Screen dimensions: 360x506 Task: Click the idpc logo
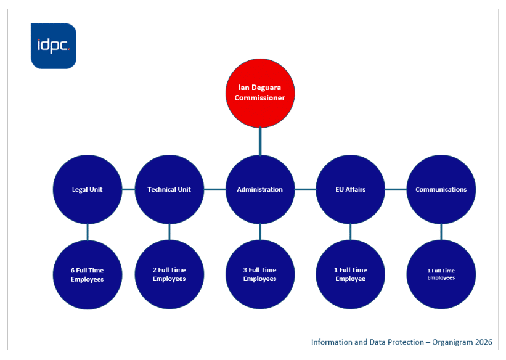pyautogui.click(x=54, y=46)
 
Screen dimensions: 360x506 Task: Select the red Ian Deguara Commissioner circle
pyautogui.click(x=259, y=92)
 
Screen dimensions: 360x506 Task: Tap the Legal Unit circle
pyautogui.click(x=87, y=189)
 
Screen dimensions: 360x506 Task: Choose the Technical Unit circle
pyautogui.click(x=169, y=189)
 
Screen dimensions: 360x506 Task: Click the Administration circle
pyautogui.click(x=259, y=189)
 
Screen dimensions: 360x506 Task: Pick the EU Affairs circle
pyautogui.click(x=350, y=189)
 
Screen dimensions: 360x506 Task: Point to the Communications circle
pyautogui.click(x=441, y=189)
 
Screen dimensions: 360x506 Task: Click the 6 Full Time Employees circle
pyautogui.click(x=87, y=274)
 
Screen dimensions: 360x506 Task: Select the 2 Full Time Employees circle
pyautogui.click(x=169, y=274)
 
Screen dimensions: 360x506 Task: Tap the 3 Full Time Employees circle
pyautogui.click(x=259, y=274)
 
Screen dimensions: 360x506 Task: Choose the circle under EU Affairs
pyautogui.click(x=350, y=274)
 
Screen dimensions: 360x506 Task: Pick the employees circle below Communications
pyautogui.click(x=441, y=274)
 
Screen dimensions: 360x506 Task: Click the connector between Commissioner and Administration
pyautogui.click(x=259, y=141)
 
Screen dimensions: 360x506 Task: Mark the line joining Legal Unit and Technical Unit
pyautogui.click(x=128, y=189)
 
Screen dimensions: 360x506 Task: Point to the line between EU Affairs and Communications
pyautogui.click(x=396, y=189)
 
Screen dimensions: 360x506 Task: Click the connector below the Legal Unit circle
pyautogui.click(x=87, y=232)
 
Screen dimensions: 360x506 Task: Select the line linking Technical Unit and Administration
pyautogui.click(x=214, y=189)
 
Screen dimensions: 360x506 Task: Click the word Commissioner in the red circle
pyautogui.click(x=259, y=97)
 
